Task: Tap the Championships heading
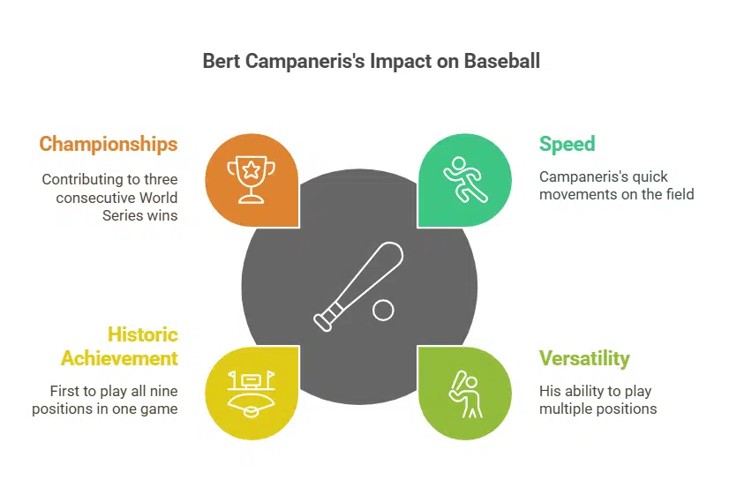click(108, 144)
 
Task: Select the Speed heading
click(567, 144)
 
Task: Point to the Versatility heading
click(584, 358)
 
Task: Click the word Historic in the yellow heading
click(142, 334)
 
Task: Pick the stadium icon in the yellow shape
click(252, 393)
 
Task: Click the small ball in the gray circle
click(383, 310)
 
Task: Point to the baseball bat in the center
click(358, 285)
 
